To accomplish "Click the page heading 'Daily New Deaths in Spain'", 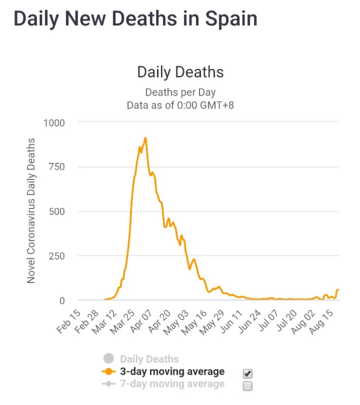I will click(135, 19).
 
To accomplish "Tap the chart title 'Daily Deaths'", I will click(180, 72).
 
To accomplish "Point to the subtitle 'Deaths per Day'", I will click(180, 92).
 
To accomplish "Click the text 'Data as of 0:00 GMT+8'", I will click(180, 105).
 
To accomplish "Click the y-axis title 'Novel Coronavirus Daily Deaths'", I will click(31, 210).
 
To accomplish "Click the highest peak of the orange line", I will click(145, 138).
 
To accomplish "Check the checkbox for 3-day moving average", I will click(248, 374).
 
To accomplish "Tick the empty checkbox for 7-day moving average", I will click(248, 386).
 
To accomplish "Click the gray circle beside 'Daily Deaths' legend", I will click(108, 359).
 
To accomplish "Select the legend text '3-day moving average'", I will click(172, 372).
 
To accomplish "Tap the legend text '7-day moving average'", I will click(172, 384).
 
